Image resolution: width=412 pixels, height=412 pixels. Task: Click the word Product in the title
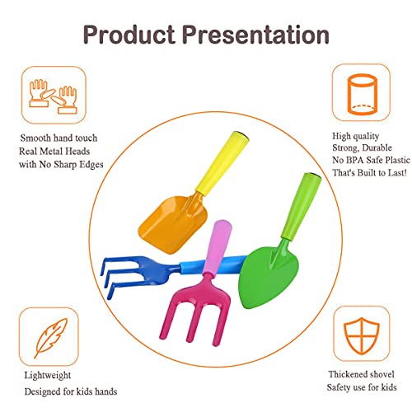point(129,35)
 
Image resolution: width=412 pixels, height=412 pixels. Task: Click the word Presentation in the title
point(255,34)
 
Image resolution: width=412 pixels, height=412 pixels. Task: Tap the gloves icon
point(54,96)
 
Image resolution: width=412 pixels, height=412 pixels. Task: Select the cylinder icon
point(361,94)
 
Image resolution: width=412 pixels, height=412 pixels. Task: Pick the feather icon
point(51,337)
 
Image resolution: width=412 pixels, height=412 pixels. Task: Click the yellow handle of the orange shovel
point(222,162)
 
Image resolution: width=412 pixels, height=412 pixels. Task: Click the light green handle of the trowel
point(302,206)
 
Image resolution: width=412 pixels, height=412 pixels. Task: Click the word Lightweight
point(48,375)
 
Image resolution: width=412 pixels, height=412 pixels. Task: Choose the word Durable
point(377,147)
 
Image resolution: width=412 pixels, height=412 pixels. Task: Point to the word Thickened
point(347,374)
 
